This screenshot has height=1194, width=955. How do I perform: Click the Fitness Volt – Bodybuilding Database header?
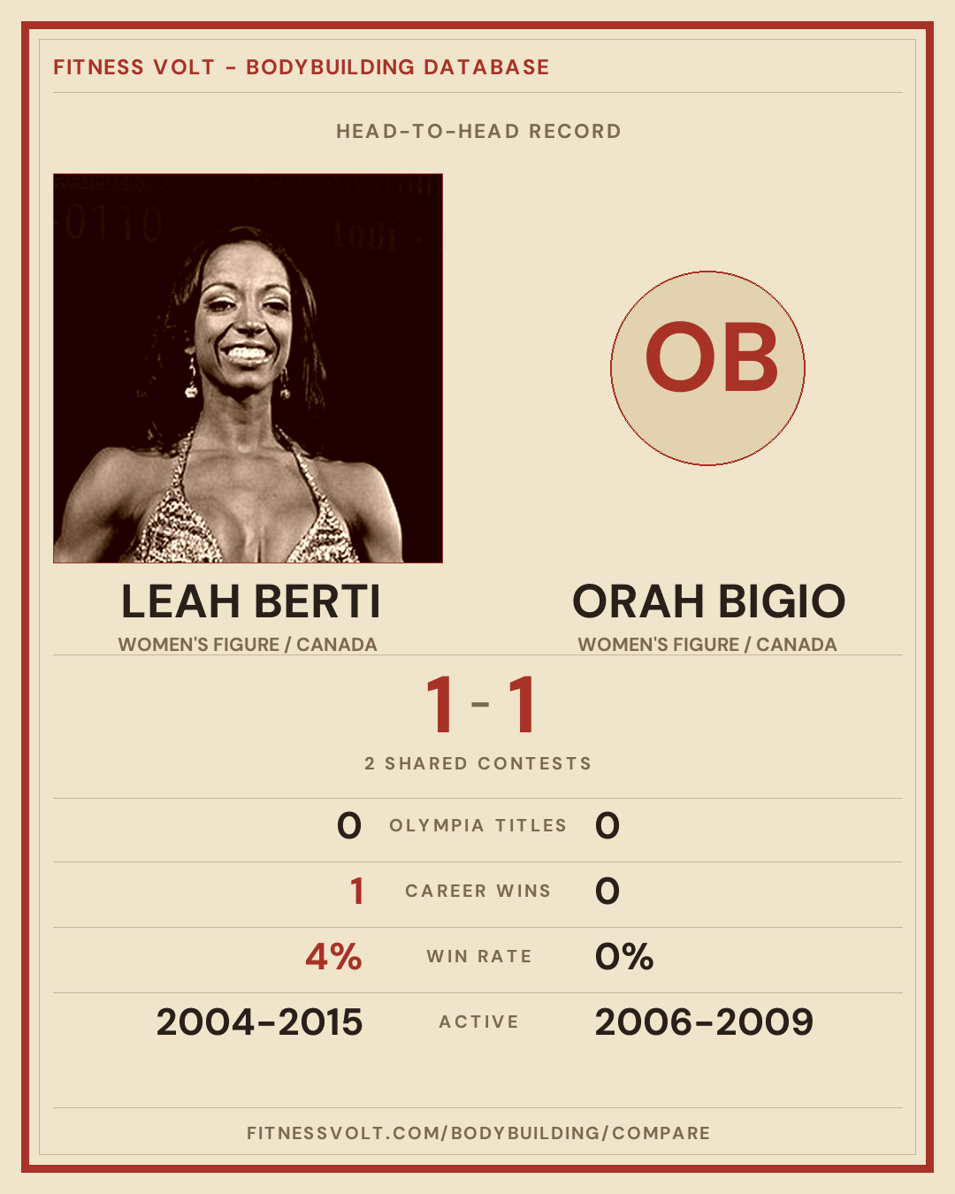pyautogui.click(x=302, y=67)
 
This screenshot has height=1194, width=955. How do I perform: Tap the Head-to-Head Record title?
pyautogui.click(x=478, y=132)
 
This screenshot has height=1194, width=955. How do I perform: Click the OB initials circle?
pyautogui.click(x=707, y=369)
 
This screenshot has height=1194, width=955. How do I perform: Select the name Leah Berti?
pyautogui.click(x=251, y=601)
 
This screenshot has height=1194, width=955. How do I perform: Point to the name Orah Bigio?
pyautogui.click(x=708, y=601)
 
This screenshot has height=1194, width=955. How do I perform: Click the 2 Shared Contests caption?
pyautogui.click(x=477, y=763)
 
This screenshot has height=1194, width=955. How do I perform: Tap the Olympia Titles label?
pyautogui.click(x=477, y=825)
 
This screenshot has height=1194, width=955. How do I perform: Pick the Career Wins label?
pyautogui.click(x=477, y=891)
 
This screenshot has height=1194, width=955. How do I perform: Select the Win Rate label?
pyautogui.click(x=479, y=957)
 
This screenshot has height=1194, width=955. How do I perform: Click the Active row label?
pyautogui.click(x=479, y=1022)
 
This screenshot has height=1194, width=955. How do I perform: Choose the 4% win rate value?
pyautogui.click(x=333, y=957)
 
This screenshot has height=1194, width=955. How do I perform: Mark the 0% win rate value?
pyautogui.click(x=624, y=957)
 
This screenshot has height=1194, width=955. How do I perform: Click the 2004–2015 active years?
pyautogui.click(x=259, y=1022)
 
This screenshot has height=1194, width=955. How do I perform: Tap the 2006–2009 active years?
pyautogui.click(x=704, y=1022)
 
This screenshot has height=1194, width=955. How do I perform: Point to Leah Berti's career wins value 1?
pyautogui.click(x=357, y=891)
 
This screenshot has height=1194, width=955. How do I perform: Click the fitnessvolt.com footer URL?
pyautogui.click(x=478, y=1133)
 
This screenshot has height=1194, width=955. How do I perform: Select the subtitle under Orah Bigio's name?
pyautogui.click(x=707, y=645)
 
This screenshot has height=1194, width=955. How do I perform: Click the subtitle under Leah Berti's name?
pyautogui.click(x=248, y=645)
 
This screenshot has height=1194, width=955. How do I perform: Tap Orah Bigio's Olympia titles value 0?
pyautogui.click(x=607, y=825)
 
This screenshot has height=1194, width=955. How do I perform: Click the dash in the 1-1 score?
pyautogui.click(x=480, y=704)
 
